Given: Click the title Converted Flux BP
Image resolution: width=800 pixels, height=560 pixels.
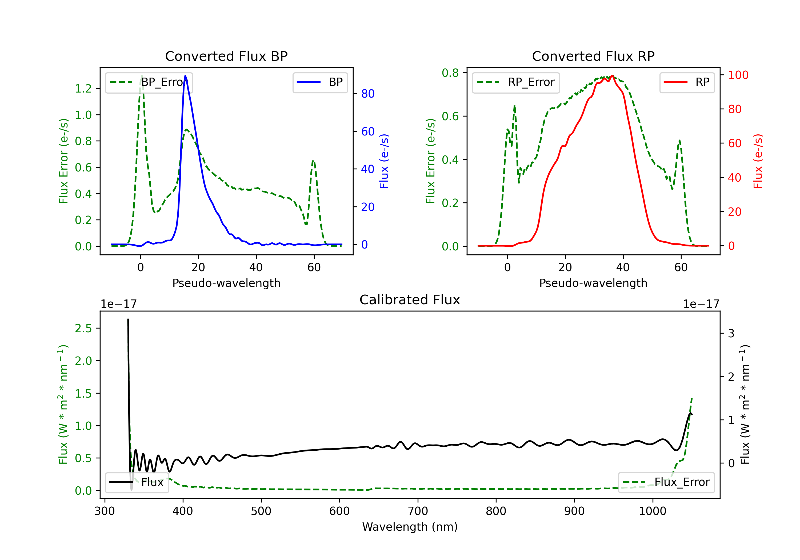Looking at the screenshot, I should [226, 56].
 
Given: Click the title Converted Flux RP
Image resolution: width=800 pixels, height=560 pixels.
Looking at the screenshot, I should [593, 56].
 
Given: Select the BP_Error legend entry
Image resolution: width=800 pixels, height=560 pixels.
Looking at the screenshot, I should [149, 82].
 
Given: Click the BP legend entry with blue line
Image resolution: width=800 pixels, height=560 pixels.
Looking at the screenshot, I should [320, 82].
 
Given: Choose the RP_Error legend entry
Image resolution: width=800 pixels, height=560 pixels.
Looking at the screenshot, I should [516, 82].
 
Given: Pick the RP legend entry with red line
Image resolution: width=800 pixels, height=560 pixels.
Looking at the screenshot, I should [687, 82].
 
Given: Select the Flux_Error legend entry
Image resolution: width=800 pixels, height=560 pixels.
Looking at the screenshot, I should [666, 482].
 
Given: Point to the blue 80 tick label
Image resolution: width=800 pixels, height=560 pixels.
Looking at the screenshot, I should [367, 94].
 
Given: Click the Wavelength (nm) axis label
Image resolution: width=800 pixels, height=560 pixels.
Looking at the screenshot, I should [410, 527].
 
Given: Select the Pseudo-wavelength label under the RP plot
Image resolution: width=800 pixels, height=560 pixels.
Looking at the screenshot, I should [593, 283].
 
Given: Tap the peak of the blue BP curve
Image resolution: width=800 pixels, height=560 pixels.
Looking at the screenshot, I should [185, 76].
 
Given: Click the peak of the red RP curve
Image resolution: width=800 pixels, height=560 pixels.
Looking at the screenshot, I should [612, 76].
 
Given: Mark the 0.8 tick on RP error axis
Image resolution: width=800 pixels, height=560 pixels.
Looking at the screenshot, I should [450, 73].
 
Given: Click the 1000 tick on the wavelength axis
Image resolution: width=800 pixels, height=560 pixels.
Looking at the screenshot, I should [652, 511].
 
